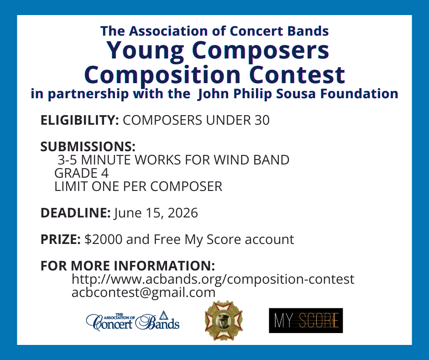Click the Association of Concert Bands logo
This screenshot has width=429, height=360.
[x=133, y=321]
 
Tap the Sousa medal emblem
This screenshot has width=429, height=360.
[x=224, y=320]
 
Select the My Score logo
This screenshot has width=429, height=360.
[x=306, y=321]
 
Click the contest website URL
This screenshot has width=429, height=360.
[x=213, y=279]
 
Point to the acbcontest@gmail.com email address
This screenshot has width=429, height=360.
[x=143, y=292]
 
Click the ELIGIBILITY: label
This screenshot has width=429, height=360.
[x=79, y=120]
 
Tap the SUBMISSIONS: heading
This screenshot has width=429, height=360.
[x=88, y=147]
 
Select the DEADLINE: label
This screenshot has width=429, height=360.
[x=75, y=213]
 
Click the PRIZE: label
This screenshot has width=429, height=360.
[x=60, y=239]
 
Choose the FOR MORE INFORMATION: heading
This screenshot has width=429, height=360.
[x=128, y=266]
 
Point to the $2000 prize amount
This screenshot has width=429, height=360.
[x=104, y=239]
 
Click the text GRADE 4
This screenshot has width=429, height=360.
[x=82, y=173]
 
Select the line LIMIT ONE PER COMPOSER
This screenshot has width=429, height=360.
[x=138, y=186]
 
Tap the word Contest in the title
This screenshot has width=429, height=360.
[x=297, y=75]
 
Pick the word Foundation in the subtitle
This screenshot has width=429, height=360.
[x=359, y=93]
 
